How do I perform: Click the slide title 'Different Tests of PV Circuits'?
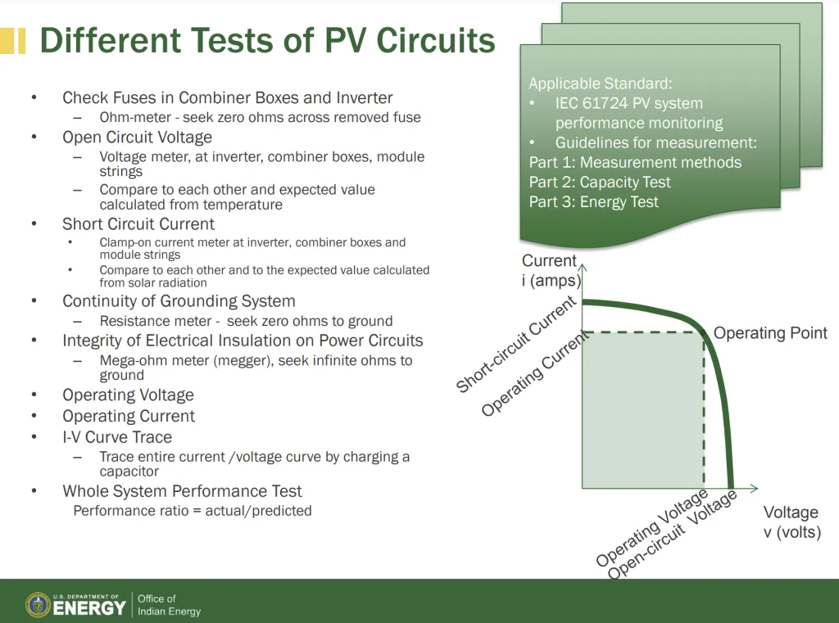click(267, 40)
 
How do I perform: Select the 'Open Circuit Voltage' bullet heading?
click(137, 138)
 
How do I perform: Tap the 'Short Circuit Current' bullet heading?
click(138, 224)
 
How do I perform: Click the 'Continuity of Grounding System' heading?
click(179, 301)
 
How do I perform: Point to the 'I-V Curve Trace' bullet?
click(117, 437)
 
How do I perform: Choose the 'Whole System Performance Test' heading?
click(182, 491)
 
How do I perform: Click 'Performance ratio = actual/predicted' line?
click(193, 511)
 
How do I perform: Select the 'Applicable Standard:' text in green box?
click(600, 84)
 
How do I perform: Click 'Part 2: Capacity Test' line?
click(600, 183)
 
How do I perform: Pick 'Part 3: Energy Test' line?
click(593, 202)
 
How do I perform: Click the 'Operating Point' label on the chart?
click(770, 333)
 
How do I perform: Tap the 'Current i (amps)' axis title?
click(551, 271)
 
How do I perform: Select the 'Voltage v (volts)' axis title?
click(791, 522)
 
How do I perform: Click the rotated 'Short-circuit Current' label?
click(516, 345)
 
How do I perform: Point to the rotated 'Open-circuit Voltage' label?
click(672, 536)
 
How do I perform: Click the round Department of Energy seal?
click(38, 605)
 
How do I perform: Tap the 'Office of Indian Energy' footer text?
click(169, 605)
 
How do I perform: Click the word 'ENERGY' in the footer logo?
click(89, 608)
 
